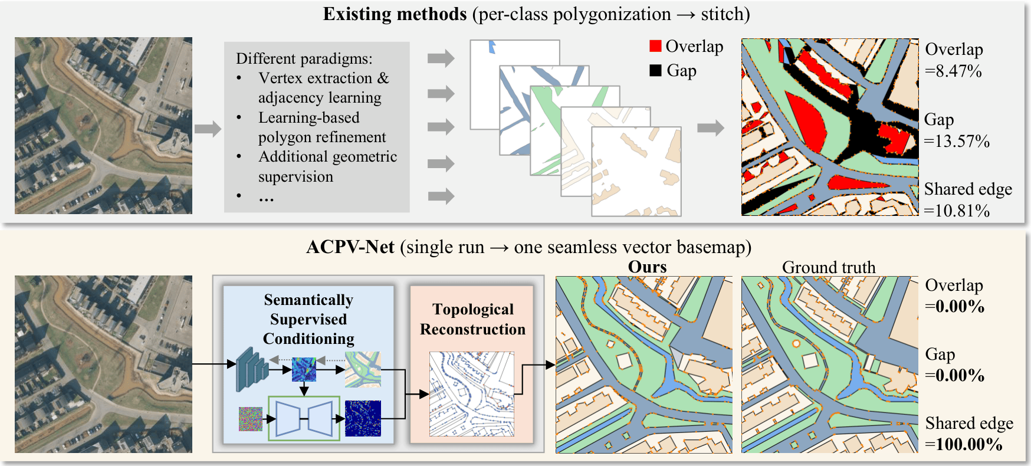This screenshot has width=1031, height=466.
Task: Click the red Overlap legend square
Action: (x=655, y=46)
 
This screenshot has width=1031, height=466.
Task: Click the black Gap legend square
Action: (x=655, y=70)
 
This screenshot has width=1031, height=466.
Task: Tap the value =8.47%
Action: (x=953, y=71)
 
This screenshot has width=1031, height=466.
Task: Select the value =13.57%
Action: (x=957, y=142)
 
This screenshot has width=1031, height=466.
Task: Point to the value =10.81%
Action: (x=957, y=211)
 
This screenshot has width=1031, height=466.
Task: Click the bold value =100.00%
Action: (x=964, y=444)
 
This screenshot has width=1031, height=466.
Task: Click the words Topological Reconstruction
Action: (x=472, y=319)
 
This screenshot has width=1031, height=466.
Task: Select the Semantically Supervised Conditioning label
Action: (x=308, y=319)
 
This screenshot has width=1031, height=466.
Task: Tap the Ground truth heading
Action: (x=829, y=267)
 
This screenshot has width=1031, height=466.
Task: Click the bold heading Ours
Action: (x=647, y=267)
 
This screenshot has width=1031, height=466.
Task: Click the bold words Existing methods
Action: (x=395, y=14)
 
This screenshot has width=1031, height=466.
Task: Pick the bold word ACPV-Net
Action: (x=350, y=247)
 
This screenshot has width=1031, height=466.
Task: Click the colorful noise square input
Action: (x=251, y=418)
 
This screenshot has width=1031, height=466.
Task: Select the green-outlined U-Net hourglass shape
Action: (x=304, y=418)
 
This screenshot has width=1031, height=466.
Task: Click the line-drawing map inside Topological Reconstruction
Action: (x=472, y=393)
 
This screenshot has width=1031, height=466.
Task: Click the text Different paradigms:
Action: (x=304, y=58)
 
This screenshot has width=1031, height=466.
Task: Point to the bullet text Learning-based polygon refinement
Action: (x=321, y=127)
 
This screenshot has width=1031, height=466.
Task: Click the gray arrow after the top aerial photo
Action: (x=208, y=128)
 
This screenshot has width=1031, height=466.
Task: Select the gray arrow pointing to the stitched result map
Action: (x=710, y=128)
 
